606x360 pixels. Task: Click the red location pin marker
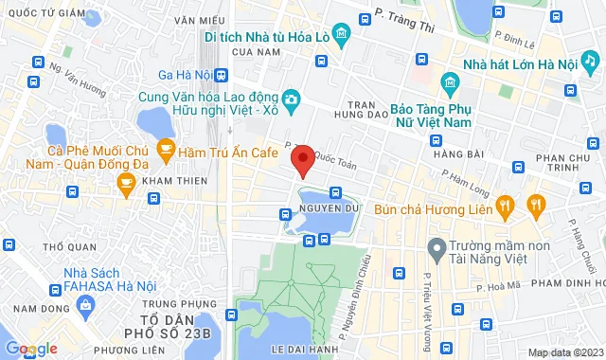(x=302, y=161)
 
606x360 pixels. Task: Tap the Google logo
(x=30, y=349)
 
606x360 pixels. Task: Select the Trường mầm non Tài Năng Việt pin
(x=437, y=250)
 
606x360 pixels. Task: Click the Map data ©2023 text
(x=564, y=352)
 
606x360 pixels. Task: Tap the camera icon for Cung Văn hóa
(x=292, y=99)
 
